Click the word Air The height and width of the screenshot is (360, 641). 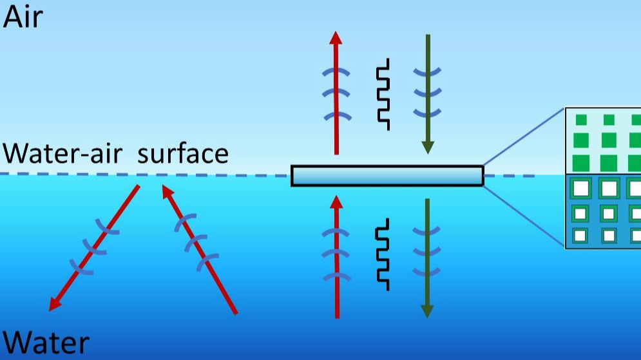click(x=23, y=17)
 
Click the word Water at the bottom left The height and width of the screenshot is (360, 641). click(x=46, y=343)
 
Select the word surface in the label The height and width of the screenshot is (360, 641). click(x=183, y=153)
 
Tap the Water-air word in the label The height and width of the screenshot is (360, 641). click(x=62, y=153)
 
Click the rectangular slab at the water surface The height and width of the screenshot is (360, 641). click(x=387, y=176)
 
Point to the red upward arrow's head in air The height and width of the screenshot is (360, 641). click(x=336, y=37)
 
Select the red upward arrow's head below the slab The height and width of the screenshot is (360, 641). click(x=336, y=202)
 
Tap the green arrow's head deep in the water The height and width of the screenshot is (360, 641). click(x=427, y=311)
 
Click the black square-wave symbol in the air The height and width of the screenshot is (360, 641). click(x=383, y=95)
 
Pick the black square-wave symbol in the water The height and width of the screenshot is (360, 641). click(x=382, y=254)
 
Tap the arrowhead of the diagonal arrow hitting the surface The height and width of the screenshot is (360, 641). click(x=167, y=191)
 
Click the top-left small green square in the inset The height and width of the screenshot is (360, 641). click(x=581, y=120)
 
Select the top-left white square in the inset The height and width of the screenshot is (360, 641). click(x=581, y=189)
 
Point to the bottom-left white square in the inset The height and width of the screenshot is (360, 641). click(x=580, y=235)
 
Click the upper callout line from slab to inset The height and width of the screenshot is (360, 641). click(x=524, y=137)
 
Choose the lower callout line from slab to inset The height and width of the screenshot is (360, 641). click(x=524, y=216)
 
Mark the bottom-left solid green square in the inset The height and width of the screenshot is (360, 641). click(x=581, y=163)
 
